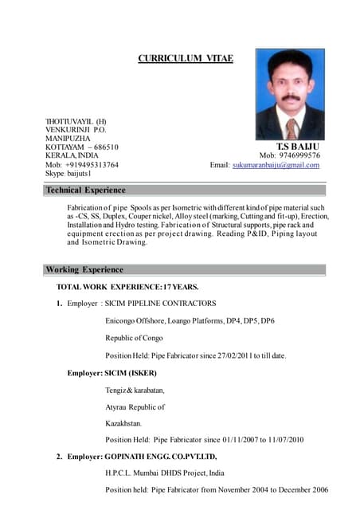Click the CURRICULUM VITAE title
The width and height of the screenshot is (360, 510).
[186, 58]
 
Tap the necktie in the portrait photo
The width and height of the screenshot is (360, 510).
[292, 128]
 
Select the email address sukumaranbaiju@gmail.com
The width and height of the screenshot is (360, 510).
[276, 165]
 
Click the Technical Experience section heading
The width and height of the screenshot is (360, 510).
[85, 190]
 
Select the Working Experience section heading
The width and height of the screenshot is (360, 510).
[84, 269]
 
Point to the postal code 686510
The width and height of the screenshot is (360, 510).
[104, 147]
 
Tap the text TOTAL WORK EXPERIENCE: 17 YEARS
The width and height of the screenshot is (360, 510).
[127, 286]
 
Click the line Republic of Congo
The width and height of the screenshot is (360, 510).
[134, 338]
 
